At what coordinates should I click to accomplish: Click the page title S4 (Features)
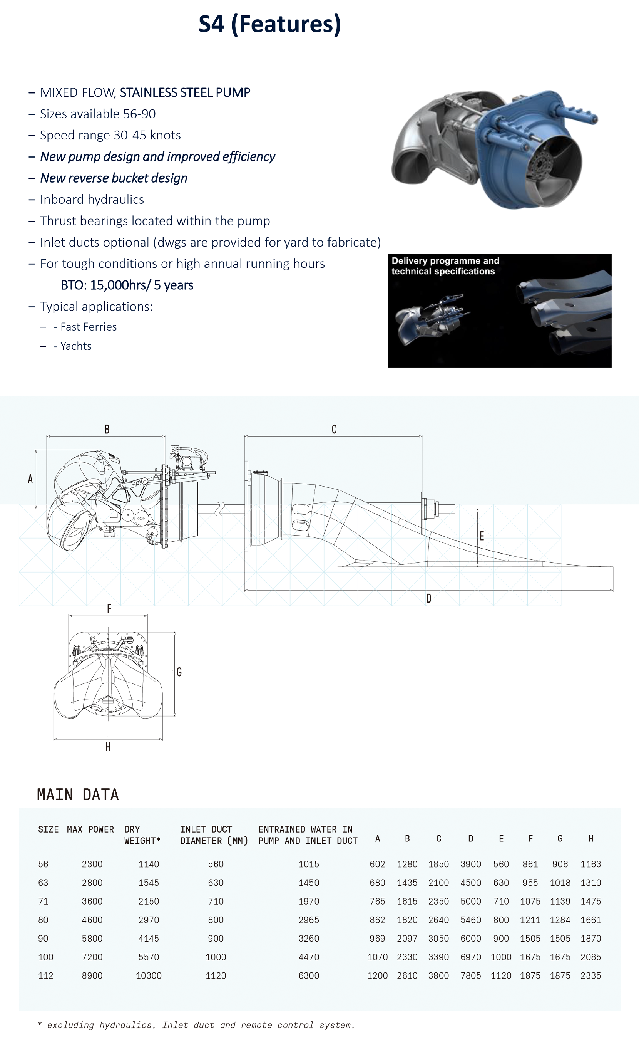coord(269,24)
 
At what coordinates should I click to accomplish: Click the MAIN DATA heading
coord(78,795)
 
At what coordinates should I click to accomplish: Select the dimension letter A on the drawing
coord(30,479)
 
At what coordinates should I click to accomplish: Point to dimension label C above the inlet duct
coord(334,429)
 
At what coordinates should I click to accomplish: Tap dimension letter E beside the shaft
coord(482,536)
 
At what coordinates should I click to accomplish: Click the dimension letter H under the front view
coord(108,747)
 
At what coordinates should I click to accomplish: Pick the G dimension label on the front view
coord(179,672)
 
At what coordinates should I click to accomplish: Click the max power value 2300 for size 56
coord(92,864)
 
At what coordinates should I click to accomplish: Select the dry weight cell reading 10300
coord(148,975)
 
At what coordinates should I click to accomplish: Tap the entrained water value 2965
coord(309,920)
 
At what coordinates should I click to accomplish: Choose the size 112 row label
coord(45,975)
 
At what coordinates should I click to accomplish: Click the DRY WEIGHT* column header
coord(142,835)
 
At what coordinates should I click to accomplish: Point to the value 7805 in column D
coord(471,975)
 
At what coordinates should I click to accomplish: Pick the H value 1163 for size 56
coord(590,864)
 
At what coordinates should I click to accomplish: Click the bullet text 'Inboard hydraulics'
coord(92,199)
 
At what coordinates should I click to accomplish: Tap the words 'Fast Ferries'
coord(88,327)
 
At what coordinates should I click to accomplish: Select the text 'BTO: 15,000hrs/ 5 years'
coord(127,285)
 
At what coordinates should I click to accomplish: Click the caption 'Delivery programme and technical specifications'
coord(445,266)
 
